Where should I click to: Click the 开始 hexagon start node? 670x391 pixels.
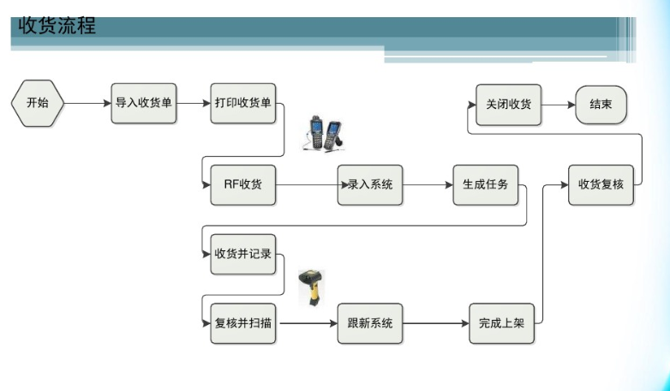coord(38,104)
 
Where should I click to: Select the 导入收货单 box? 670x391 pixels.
coord(144,104)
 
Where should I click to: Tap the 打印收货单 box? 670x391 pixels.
coord(243,104)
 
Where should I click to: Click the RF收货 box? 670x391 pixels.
coord(243,184)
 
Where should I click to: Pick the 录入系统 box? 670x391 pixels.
coord(370,184)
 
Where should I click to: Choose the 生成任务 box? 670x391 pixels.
coord(486,184)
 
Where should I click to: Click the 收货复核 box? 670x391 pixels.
coord(601,184)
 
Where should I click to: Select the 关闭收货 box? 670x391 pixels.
coord(509,105)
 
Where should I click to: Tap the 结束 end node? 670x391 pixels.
coord(601,105)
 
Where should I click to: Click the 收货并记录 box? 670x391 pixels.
coord(243,254)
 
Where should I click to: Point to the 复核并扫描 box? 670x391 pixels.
coord(243,323)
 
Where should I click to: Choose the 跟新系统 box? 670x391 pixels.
coord(370,323)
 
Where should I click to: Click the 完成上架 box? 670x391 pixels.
coord(502,323)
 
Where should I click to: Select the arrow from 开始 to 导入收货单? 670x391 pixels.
coord(87,104)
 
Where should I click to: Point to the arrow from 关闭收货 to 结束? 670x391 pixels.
coord(558,105)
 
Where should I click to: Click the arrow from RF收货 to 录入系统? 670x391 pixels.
coord(307,184)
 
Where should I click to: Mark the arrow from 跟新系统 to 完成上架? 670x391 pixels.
coord(435,323)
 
